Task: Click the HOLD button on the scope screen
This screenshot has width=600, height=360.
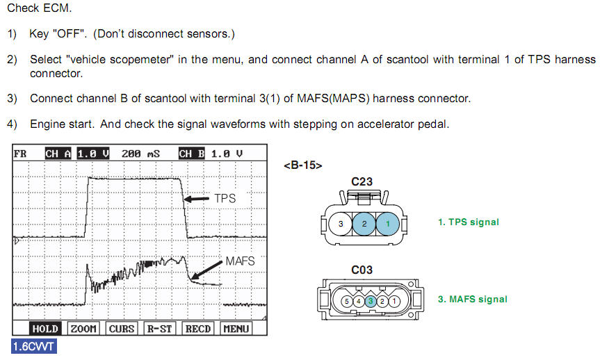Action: (45, 329)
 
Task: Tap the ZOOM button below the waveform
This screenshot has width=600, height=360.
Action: (83, 329)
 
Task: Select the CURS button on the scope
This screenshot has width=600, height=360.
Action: (121, 329)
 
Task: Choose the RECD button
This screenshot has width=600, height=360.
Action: (198, 329)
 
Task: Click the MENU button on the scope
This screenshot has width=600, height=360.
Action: (236, 329)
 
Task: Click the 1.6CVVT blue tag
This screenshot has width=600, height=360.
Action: (33, 346)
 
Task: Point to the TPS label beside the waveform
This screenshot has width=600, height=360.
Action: (225, 199)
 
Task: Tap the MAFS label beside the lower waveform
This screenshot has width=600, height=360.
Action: (240, 261)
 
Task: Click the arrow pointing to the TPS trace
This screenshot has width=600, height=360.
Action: (197, 199)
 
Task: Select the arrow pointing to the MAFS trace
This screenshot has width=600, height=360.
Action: (206, 270)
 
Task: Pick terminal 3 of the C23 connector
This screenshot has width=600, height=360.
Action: (341, 224)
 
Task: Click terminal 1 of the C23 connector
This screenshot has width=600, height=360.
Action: (388, 224)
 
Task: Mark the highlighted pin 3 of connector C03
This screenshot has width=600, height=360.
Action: (371, 302)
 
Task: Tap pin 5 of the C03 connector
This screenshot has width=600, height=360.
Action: (347, 302)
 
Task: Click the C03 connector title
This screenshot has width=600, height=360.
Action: (362, 270)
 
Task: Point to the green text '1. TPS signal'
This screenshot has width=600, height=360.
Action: (469, 222)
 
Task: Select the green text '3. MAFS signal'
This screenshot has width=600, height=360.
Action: (473, 299)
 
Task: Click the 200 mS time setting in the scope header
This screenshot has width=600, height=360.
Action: (140, 154)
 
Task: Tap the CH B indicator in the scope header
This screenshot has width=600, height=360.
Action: (191, 154)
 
